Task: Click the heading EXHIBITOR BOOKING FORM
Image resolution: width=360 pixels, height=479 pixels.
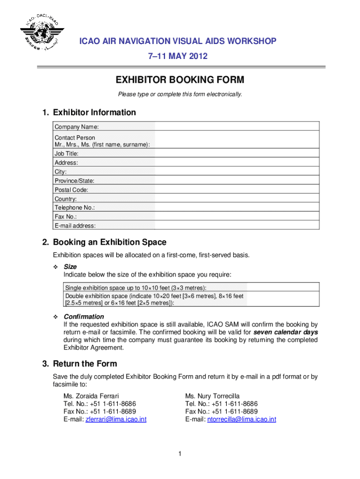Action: pyautogui.click(x=180, y=80)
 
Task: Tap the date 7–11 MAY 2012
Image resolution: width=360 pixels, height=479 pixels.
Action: pyautogui.click(x=177, y=57)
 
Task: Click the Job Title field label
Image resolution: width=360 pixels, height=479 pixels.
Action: pyautogui.click(x=66, y=153)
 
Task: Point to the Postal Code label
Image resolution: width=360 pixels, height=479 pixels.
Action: pyautogui.click(x=72, y=190)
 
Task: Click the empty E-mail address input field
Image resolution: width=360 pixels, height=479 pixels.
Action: pyautogui.click(x=237, y=225)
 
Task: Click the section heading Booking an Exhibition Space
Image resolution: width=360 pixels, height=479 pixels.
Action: pyautogui.click(x=109, y=242)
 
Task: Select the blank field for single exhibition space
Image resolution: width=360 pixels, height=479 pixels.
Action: pyautogui.click(x=283, y=287)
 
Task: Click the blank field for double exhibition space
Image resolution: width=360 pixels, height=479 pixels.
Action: pyautogui.click(x=283, y=299)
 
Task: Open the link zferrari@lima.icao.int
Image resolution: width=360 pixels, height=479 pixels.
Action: pyautogui.click(x=115, y=420)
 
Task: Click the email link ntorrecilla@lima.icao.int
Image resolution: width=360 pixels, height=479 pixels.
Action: pyautogui.click(x=241, y=420)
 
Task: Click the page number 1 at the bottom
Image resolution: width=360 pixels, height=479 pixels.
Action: pyautogui.click(x=180, y=454)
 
